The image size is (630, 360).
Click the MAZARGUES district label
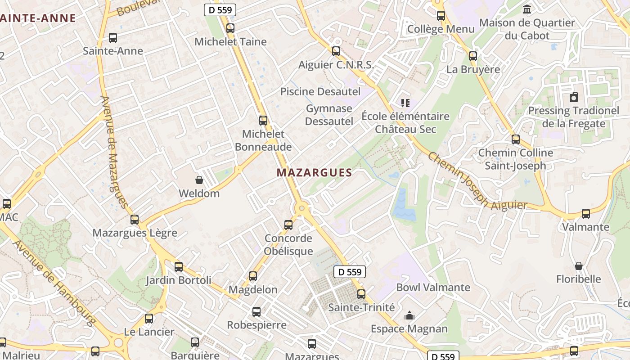pos(314,172)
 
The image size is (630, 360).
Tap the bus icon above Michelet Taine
pos(230,28)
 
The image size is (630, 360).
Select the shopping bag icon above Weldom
pos(199,180)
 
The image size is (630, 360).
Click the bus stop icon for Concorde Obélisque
pos(288,225)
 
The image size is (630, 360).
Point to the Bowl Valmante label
pos(433,287)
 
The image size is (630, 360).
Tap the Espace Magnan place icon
pos(409,315)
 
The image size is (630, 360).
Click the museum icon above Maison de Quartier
pos(527,9)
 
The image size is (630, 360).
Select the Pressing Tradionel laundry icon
pos(574,97)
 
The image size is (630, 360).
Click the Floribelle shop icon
pos(579,266)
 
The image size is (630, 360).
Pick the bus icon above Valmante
pos(585,214)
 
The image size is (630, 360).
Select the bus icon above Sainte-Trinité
pos(361,294)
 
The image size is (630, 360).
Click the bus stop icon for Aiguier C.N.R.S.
pos(336,51)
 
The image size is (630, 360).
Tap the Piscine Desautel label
pos(320,91)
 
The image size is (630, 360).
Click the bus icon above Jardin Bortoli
pos(179,267)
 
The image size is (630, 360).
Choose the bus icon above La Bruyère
pos(473,56)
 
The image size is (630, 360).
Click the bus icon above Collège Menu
pos(441,16)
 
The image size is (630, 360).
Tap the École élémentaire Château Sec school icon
pos(405,103)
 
